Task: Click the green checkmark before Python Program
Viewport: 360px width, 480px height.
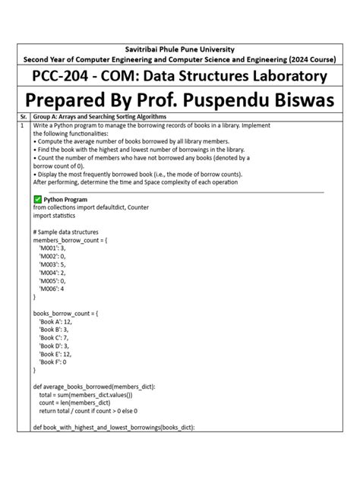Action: click(38, 199)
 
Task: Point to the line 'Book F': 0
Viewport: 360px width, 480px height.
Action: click(52, 362)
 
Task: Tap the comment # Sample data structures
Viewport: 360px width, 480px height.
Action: click(71, 232)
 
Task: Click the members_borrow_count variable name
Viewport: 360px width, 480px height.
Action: click(68, 240)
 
